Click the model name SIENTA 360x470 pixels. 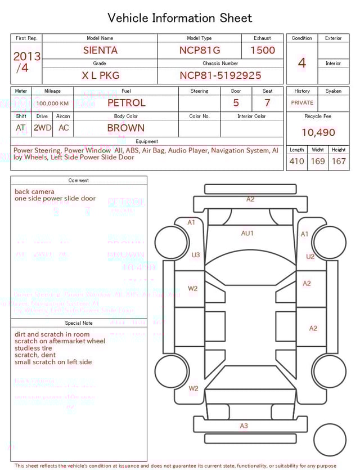[x=100, y=50]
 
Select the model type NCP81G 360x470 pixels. [x=199, y=50]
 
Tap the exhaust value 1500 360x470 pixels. [x=263, y=50]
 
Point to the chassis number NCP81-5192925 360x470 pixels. [x=220, y=75]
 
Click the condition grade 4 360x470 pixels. [x=302, y=63]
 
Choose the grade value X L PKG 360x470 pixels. [x=100, y=75]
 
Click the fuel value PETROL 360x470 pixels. [x=126, y=103]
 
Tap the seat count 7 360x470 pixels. [x=267, y=103]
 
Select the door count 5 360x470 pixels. [x=236, y=103]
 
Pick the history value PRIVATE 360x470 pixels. [x=302, y=103]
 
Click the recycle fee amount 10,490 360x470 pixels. [x=318, y=133]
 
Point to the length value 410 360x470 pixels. [x=296, y=162]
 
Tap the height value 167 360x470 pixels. [x=339, y=162]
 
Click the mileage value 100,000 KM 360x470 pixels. [x=52, y=104]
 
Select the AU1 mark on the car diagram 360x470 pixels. [x=247, y=233]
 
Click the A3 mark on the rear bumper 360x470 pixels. [x=244, y=426]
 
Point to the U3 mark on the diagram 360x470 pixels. [x=196, y=255]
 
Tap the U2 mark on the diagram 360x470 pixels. [x=310, y=257]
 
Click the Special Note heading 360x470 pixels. [x=79, y=323]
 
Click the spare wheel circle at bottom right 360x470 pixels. [x=330, y=440]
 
